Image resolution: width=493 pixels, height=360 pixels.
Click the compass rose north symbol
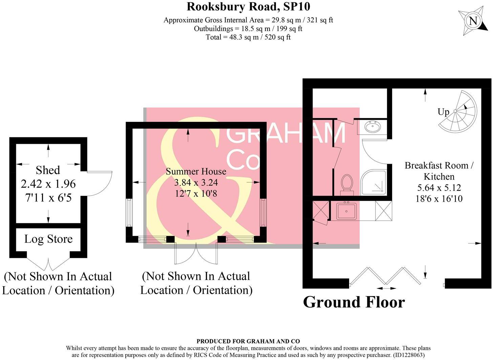coord(473,21)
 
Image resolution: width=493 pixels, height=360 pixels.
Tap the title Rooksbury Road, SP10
coord(248,6)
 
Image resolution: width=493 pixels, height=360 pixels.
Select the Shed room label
coord(48,170)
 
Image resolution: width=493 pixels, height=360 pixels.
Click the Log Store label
coord(48,239)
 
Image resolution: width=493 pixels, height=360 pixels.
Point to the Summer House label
coord(196,171)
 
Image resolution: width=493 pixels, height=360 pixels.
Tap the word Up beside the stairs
coord(443,112)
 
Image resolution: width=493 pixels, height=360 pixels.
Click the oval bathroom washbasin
coord(372,127)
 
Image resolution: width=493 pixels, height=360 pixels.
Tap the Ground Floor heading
coord(354,302)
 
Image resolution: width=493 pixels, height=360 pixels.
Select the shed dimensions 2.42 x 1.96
coord(48,184)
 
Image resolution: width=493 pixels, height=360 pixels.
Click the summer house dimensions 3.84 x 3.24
coord(196,183)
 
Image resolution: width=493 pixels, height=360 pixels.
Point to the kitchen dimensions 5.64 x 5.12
coord(439,187)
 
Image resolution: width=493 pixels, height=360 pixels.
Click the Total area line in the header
coord(248,37)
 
